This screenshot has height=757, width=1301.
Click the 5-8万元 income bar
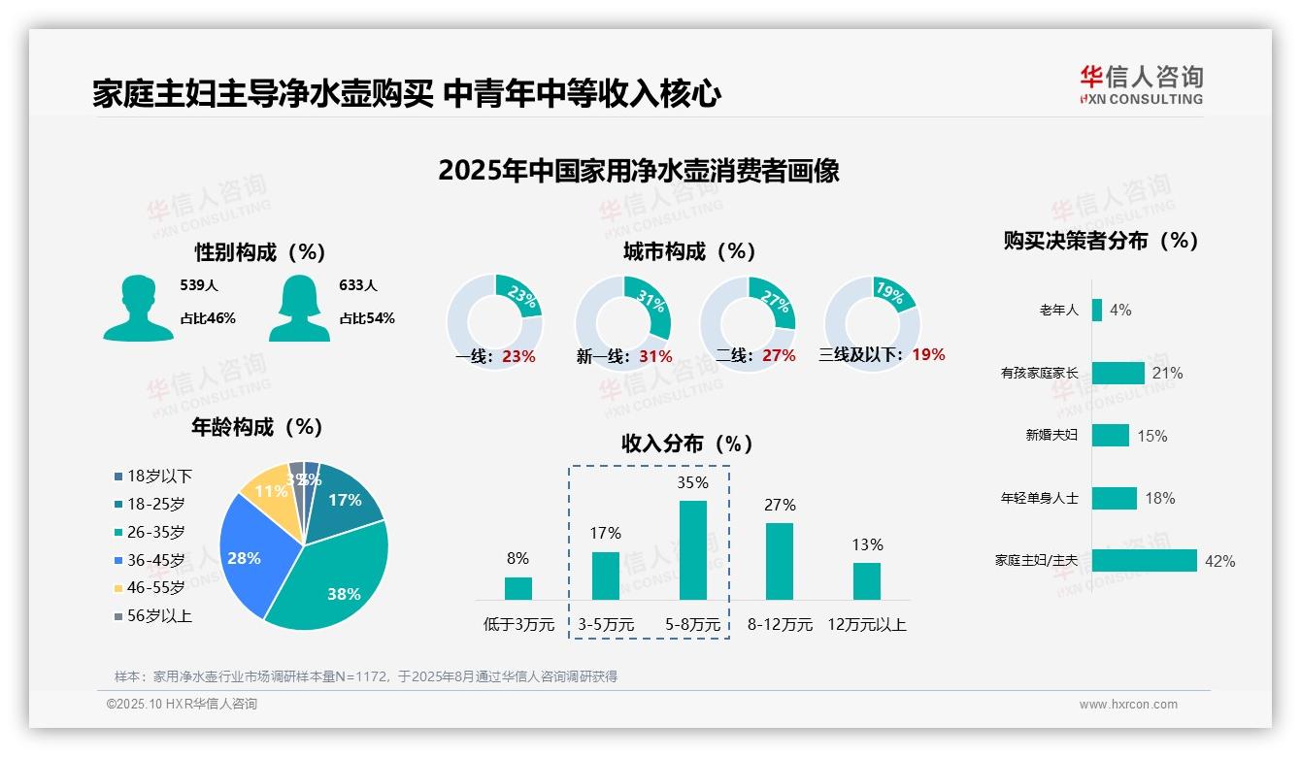692,550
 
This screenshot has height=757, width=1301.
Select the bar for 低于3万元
518,588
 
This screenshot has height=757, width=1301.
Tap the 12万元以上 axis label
866,625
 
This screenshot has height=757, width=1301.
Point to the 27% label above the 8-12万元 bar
780,505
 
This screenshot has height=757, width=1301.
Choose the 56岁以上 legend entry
153,616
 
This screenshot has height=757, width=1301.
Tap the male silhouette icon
138,308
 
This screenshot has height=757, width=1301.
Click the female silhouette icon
299,308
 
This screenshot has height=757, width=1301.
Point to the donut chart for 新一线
622,321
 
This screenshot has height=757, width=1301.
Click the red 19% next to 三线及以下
928,355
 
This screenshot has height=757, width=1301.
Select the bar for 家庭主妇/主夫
1144,561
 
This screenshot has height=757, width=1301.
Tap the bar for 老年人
1097,311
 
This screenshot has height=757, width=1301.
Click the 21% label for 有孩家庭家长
1167,374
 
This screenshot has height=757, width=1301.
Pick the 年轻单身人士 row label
1039,499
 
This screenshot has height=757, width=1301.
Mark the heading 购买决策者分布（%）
1101,241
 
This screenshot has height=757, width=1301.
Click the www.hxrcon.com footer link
1127,705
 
